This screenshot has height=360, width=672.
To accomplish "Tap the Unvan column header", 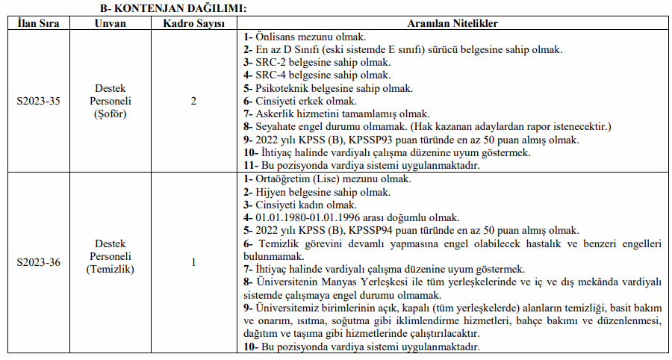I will [x=110, y=23].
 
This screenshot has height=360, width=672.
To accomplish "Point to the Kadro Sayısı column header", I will [x=193, y=23].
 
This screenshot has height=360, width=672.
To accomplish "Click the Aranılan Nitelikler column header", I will [x=452, y=23].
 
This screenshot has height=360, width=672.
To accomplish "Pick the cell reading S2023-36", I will [x=37, y=263].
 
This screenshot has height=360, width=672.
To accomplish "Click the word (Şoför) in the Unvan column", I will [x=110, y=114].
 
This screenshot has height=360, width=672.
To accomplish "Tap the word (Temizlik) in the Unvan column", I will [x=110, y=269].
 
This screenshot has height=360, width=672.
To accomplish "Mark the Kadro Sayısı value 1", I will [x=193, y=263].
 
